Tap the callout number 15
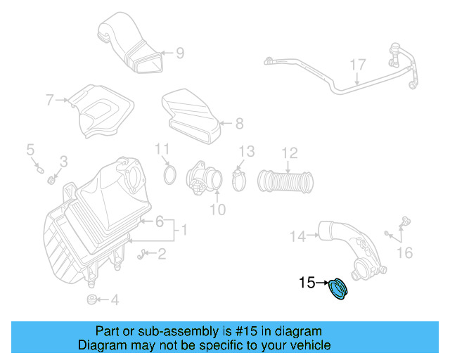tap(307, 283)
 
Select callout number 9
tap(180, 52)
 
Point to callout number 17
tap(358, 65)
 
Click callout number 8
tap(239, 124)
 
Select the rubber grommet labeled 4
tap(91, 300)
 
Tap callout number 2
tap(162, 255)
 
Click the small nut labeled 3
tap(51, 180)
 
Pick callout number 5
tap(30, 149)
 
